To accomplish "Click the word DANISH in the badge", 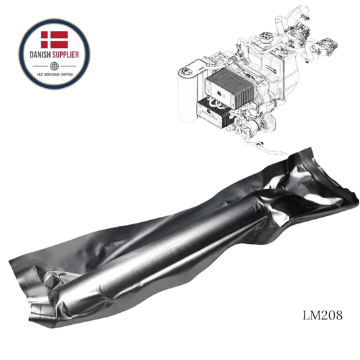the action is [x=41, y=55].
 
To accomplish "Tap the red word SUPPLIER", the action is [x=66, y=55].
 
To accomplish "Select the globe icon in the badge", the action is [x=55, y=66].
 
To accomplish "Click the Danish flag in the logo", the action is [x=55, y=39].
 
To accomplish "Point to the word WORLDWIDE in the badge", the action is [x=54, y=74].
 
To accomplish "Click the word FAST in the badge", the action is [x=41, y=74].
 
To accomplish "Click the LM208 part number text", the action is [x=322, y=315].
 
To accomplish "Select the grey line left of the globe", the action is [x=41, y=66].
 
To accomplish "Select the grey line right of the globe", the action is [x=68, y=66].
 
